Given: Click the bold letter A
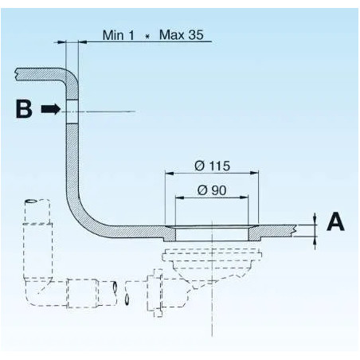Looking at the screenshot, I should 335,221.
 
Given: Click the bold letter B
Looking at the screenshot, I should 25,110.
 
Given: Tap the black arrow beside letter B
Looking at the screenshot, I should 51,110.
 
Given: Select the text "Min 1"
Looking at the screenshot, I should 119,36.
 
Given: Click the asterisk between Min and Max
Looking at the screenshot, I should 147,37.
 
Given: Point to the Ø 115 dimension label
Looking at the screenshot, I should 212,166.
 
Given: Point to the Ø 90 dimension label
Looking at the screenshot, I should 211,191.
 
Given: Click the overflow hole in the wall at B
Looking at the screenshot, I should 72,111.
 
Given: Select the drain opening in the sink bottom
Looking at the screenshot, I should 212,233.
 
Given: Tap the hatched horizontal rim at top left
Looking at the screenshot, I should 40,75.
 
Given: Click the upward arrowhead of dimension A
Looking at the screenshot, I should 315,217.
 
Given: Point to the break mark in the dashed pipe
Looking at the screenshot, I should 124,290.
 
